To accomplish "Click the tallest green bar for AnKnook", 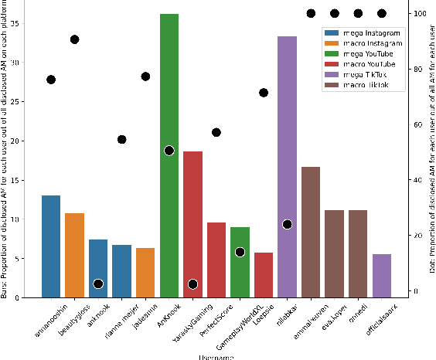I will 169,155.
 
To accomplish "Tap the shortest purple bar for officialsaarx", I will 382,276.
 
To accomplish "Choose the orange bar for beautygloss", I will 74,255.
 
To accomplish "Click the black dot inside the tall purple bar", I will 288,224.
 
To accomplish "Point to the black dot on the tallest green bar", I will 169,151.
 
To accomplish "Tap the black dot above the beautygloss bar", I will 74,39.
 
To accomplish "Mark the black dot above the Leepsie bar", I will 264,93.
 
